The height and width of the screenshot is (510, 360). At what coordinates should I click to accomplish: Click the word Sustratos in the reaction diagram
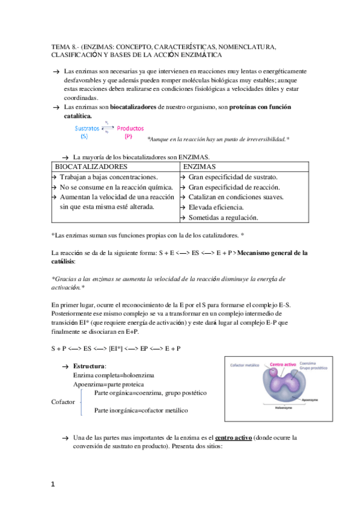click(x=87, y=128)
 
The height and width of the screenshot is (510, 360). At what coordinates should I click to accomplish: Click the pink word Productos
click(x=130, y=128)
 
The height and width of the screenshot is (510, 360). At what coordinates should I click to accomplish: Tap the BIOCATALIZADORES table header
click(x=91, y=166)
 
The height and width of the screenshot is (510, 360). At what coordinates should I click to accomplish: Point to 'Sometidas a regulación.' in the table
click(x=223, y=217)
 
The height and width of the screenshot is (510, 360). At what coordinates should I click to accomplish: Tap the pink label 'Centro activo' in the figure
click(x=282, y=364)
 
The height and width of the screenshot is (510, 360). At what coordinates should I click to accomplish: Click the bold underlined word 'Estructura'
click(x=89, y=366)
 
